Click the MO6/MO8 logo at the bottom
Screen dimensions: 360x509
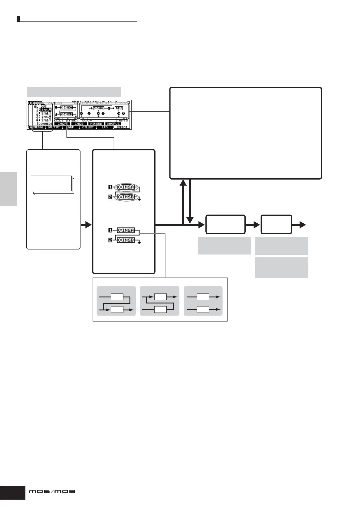click(52, 491)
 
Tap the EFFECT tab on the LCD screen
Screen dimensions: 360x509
click(122, 127)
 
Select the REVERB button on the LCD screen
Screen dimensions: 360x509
click(96, 124)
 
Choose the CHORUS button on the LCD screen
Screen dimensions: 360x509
click(113, 124)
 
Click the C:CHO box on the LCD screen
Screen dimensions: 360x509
click(98, 108)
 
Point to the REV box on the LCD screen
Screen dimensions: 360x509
click(119, 108)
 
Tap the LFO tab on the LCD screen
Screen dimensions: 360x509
click(105, 127)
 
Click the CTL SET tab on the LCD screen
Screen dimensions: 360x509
click(88, 127)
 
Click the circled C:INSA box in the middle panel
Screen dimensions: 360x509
click(126, 187)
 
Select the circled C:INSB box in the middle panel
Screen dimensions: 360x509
click(126, 197)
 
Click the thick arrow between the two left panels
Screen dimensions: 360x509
click(86, 225)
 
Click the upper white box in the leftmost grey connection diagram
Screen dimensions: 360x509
click(117, 297)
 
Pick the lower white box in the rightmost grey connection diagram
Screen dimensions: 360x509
click(203, 310)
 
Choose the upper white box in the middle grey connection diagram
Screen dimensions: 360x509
click(160, 297)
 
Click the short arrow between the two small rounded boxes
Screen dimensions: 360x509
click(253, 225)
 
